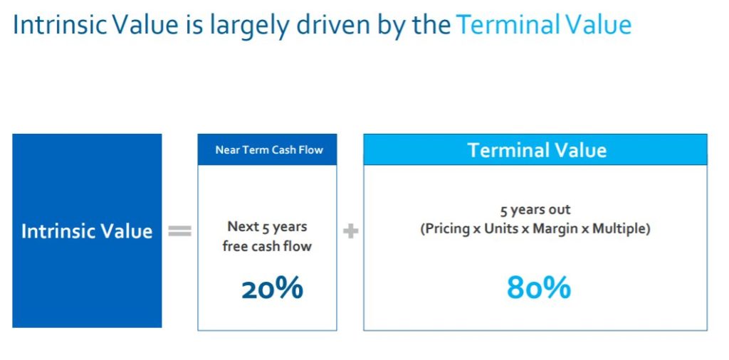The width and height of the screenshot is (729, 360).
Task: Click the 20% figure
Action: pyautogui.click(x=272, y=288)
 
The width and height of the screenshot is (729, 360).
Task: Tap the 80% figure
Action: pyautogui.click(x=538, y=288)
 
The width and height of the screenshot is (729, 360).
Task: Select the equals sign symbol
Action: pyautogui.click(x=179, y=231)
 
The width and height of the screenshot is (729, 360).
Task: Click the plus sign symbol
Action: pyautogui.click(x=350, y=231)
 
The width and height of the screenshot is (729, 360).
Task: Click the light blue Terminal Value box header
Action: pyautogui.click(x=535, y=149)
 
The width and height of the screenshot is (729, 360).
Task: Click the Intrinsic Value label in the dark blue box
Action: pyautogui.click(x=87, y=231)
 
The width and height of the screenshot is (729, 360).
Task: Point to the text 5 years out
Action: pyautogui.click(x=535, y=210)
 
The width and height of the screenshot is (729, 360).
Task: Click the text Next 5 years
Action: pyautogui.click(x=268, y=227)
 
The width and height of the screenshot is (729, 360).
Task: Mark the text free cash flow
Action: pyautogui.click(x=267, y=245)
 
